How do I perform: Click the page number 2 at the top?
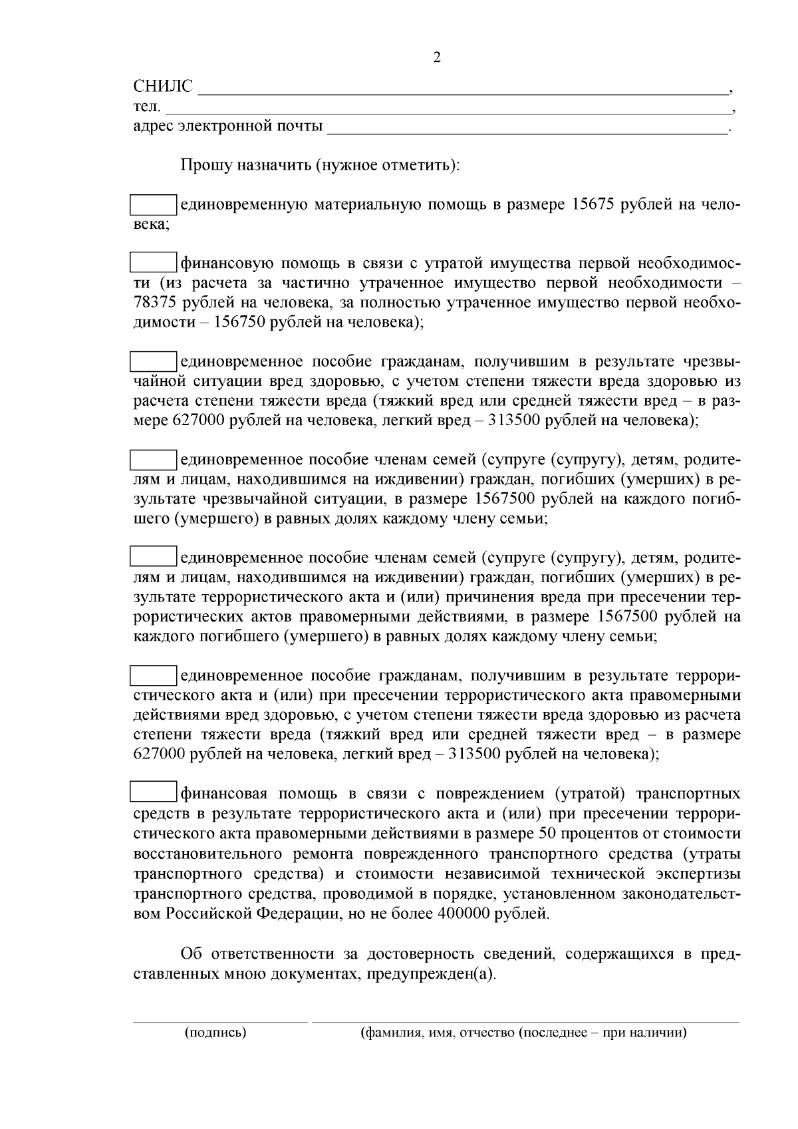point(437,57)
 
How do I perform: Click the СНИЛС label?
point(163,86)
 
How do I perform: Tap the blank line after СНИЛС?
point(463,89)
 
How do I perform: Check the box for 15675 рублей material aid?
point(152,205)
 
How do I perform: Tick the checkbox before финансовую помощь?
point(152,263)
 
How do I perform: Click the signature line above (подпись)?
point(220,1021)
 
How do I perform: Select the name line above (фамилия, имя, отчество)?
point(525,1021)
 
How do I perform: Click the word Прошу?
point(203,164)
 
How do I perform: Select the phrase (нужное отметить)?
point(387,164)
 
